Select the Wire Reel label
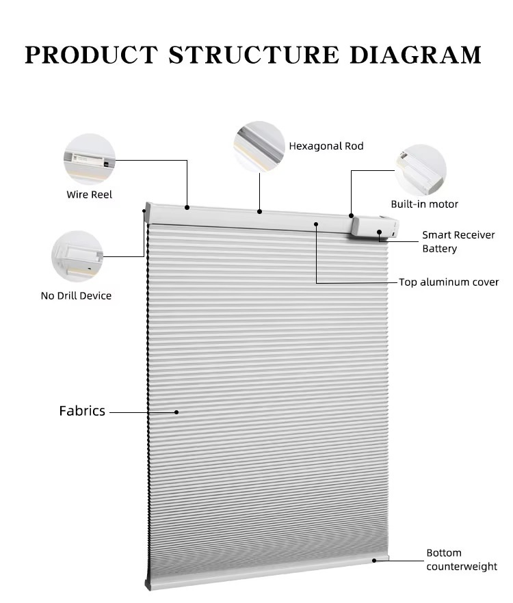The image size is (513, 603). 89,195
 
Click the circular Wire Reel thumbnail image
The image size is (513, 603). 89,159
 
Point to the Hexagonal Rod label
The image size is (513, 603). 326,146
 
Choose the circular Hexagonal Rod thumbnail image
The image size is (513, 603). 259,146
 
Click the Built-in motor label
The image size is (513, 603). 424,204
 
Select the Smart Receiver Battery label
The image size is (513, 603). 458,242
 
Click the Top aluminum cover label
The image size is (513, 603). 449,282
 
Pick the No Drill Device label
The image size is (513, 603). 76,296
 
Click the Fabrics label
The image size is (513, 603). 82,411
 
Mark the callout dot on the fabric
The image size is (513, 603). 176,412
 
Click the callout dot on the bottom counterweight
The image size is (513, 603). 374,560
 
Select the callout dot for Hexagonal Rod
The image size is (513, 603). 259,211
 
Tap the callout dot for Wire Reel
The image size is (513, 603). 187,206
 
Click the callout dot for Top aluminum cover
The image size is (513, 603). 316,224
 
